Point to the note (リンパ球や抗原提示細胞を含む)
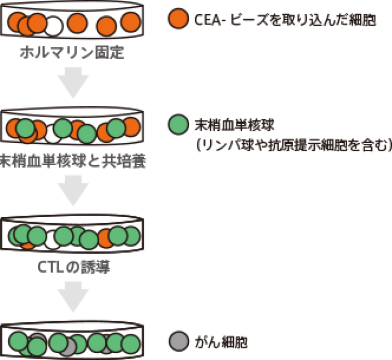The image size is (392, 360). (293, 145)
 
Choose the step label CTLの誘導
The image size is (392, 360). (72, 268)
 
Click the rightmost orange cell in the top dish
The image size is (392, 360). (131, 22)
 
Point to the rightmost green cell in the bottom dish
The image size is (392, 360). (131, 344)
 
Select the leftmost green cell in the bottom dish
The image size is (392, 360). (18, 342)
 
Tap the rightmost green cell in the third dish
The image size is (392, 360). (131, 236)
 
